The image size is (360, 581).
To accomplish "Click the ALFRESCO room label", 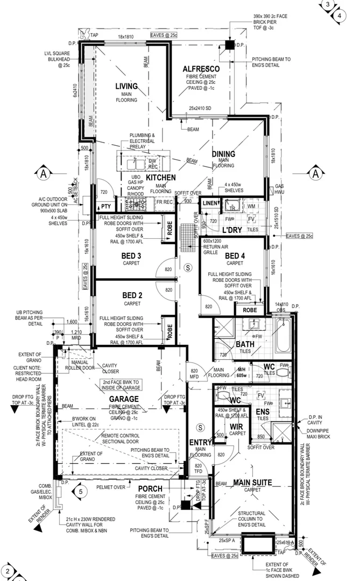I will pos(201,69).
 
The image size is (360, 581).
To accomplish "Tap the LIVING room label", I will pos(126,86).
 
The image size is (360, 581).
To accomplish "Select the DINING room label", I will pos(223,154).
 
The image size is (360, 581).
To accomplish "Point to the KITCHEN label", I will pos(160,177).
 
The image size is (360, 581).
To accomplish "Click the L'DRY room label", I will pos(232,230).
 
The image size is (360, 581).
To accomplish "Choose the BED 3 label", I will pos(132,256).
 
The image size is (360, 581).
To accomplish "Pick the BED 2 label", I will pos(132,295).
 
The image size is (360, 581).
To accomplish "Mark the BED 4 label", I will pos(235,256).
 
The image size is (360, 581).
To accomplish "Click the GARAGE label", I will pos(124,399).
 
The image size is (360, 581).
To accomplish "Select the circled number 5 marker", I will pos(80,491).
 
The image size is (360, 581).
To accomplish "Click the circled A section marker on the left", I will pos(44,173).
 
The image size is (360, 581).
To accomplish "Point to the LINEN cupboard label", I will pos(210,203).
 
